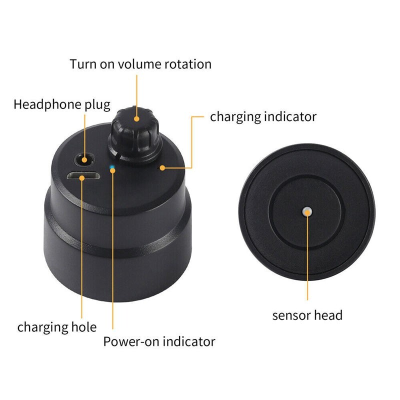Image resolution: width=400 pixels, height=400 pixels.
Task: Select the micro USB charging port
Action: [82, 176]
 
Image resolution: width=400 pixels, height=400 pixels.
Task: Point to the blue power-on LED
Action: [112, 167]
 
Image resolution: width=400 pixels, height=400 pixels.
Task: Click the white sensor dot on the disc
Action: [307, 211]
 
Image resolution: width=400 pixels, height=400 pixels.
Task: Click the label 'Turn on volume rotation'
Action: [140, 64]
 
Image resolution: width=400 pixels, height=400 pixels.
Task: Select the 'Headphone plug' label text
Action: [61, 104]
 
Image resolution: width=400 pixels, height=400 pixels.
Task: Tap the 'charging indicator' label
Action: [263, 116]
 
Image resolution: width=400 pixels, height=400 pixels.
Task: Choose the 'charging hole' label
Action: [57, 327]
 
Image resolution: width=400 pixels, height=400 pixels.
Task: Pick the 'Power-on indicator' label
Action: [159, 341]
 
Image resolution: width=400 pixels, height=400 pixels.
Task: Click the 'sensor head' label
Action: [307, 315]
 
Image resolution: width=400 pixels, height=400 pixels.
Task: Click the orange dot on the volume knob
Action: [136, 118]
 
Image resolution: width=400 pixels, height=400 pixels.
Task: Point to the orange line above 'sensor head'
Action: [307, 260]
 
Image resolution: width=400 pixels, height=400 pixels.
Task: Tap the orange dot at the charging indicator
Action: [162, 168]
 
